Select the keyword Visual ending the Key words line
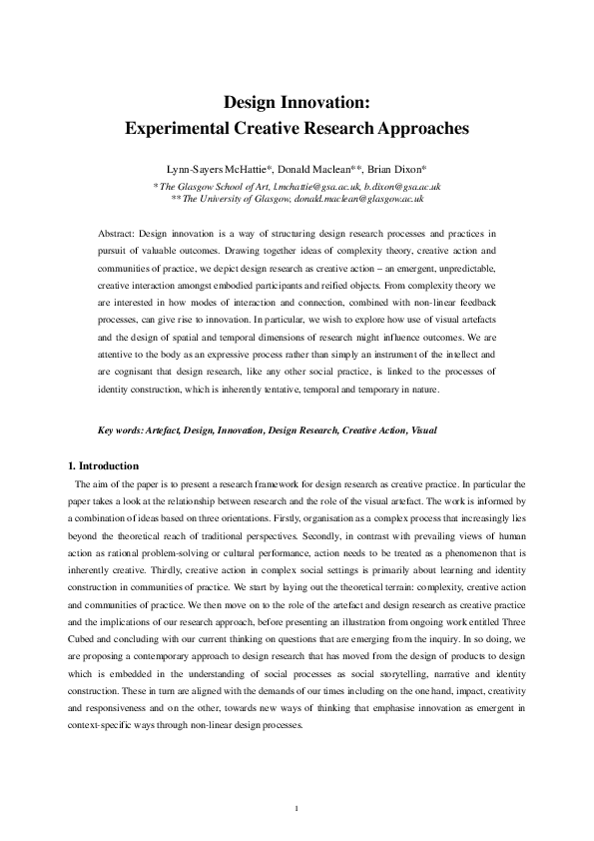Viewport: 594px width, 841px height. (423, 430)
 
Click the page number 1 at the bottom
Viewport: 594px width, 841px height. (297, 807)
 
